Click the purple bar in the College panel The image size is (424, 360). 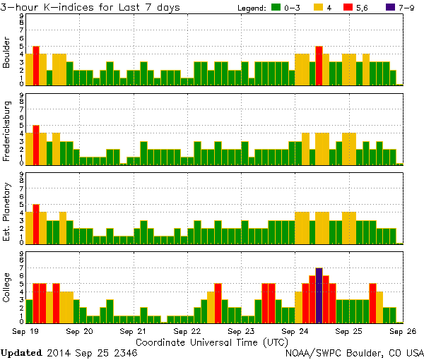point(319,295)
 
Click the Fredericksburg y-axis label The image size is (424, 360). point(7,130)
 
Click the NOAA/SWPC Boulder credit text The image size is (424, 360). point(354,352)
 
